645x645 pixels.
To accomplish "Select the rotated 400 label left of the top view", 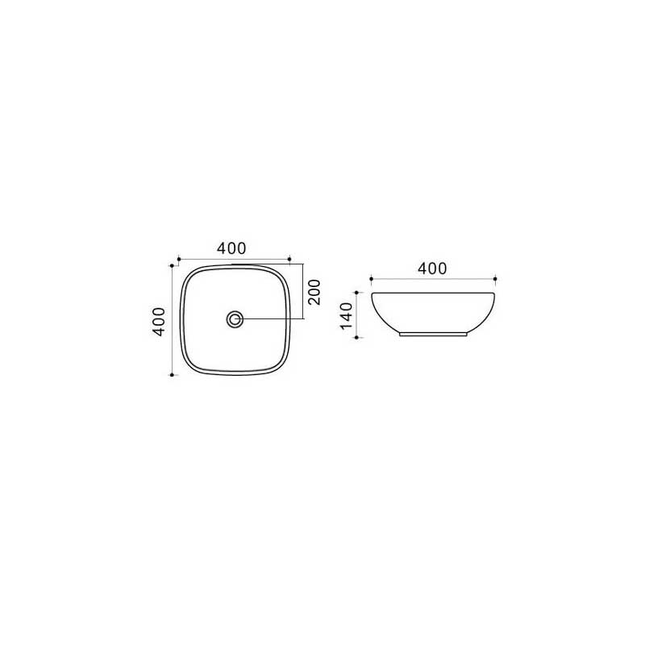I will [160, 321].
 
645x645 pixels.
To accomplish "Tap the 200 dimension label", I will [315, 292].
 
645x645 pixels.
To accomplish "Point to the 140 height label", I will [347, 316].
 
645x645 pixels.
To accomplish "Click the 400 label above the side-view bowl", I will [432, 268].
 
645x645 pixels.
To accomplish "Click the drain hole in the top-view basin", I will [235, 319].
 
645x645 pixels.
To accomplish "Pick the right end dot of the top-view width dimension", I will [289, 258].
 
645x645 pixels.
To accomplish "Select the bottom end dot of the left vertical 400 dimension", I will [173, 375].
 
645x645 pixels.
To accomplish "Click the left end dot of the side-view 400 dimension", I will [370, 279].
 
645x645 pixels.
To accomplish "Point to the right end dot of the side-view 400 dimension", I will [496, 279].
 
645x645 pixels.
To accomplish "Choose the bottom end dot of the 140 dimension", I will [358, 336].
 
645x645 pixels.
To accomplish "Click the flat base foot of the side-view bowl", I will [433, 333].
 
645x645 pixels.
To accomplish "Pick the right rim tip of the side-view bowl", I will [494, 293].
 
